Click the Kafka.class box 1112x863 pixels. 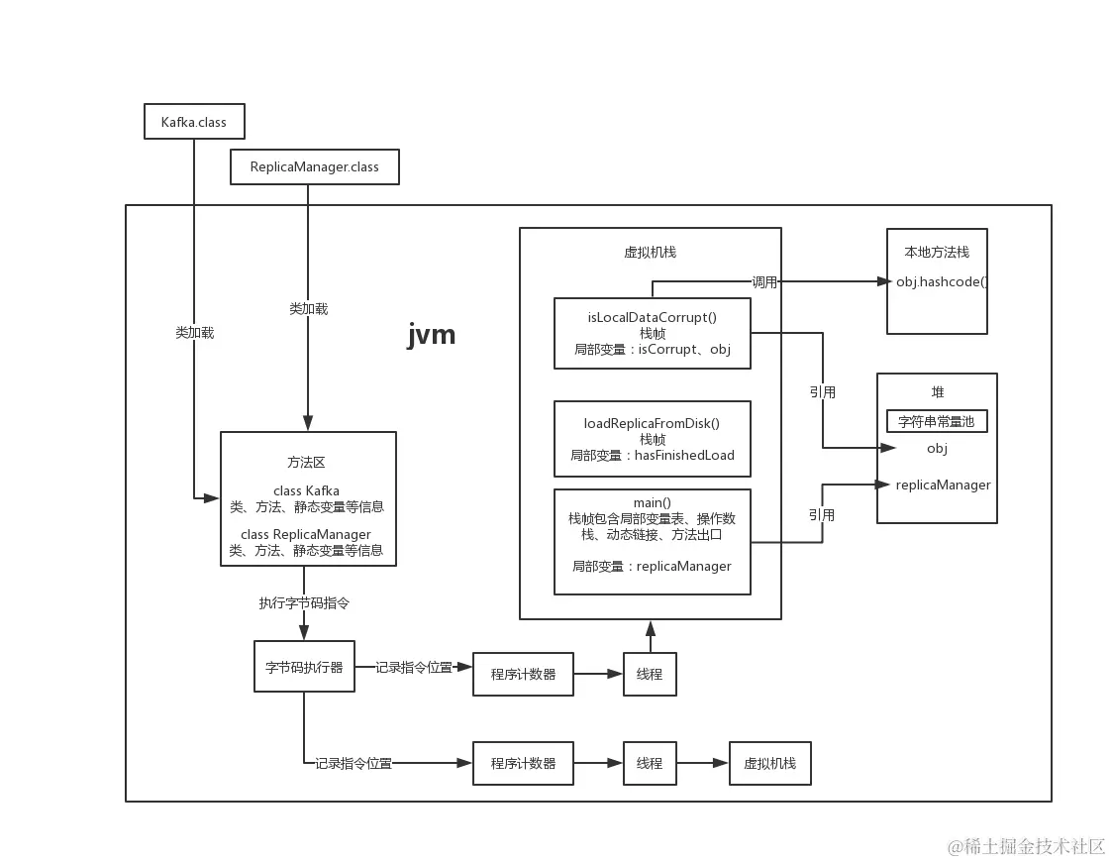[194, 122]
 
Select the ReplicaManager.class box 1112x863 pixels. [315, 166]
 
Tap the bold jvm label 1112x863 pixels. [432, 334]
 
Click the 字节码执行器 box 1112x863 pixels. [304, 667]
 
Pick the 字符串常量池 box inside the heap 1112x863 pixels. [936, 421]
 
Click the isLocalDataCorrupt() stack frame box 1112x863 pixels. [652, 333]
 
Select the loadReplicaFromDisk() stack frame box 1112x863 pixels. [652, 439]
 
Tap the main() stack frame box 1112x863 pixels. [652, 541]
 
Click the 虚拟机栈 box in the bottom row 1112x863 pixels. [769, 763]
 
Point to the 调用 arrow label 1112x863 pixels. [764, 282]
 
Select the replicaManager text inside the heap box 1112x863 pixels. [943, 485]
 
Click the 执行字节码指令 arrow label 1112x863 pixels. [304, 602]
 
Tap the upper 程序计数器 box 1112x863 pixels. [523, 674]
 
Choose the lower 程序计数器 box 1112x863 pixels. [523, 763]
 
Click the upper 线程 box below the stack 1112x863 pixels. [650, 674]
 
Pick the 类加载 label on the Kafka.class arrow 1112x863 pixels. [194, 333]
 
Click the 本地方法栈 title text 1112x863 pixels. [936, 252]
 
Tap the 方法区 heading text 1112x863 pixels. [306, 462]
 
